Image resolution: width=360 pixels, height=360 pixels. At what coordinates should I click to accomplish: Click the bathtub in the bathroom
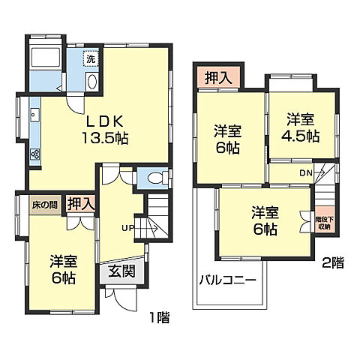pyautogui.click(x=46, y=59)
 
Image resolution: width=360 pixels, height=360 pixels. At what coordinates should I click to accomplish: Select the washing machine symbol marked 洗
pyautogui.click(x=91, y=58)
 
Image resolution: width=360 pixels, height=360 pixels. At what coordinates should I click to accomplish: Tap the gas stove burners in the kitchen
pyautogui.click(x=34, y=153)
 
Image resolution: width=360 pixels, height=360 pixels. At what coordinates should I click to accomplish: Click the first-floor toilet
pyautogui.click(x=154, y=178)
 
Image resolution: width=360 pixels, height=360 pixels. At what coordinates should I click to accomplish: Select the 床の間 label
pyautogui.click(x=43, y=203)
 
